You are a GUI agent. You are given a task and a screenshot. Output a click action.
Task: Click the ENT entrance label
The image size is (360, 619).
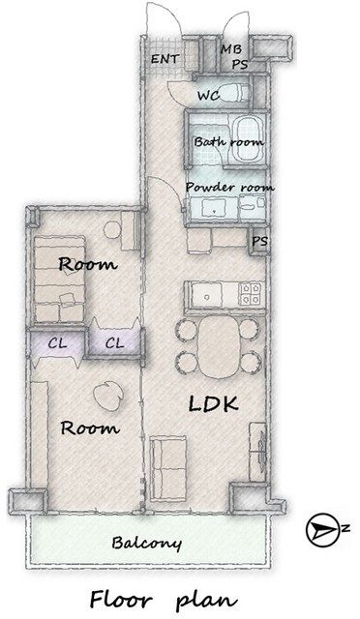pyautogui.click(x=165, y=59)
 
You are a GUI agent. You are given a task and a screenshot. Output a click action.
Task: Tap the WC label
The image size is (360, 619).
pyautogui.click(x=208, y=96)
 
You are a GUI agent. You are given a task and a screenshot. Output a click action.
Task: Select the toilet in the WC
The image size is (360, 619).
pyautogui.click(x=234, y=93)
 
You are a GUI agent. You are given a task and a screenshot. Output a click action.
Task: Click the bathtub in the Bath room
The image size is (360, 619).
pyautogui.click(x=247, y=139)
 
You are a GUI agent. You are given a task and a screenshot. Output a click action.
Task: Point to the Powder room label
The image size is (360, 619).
pyautogui.click(x=229, y=187)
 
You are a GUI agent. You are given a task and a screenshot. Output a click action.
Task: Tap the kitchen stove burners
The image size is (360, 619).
pyautogui.click(x=251, y=294)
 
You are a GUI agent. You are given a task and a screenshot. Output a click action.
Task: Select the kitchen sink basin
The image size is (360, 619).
pyautogui.click(x=206, y=294)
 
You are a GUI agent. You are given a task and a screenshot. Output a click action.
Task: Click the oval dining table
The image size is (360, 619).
pyautogui.click(x=218, y=346)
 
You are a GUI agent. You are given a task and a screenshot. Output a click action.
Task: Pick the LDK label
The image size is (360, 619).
pyautogui.click(x=214, y=404)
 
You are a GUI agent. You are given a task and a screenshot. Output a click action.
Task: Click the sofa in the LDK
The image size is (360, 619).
pyautogui.click(x=168, y=468)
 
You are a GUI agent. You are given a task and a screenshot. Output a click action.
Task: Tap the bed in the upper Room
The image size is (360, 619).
pyautogui.click(x=60, y=280)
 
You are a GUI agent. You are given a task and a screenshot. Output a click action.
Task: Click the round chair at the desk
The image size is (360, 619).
pyautogui.click(x=112, y=229)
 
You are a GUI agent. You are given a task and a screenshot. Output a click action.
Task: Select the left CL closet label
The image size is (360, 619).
pyautogui.click(x=58, y=343)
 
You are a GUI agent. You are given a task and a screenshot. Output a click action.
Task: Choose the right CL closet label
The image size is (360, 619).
pyautogui.click(x=114, y=343)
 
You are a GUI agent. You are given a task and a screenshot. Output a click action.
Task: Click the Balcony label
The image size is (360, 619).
pyautogui.click(x=146, y=544)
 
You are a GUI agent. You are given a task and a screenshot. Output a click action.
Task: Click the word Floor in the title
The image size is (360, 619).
pyautogui.click(x=121, y=600)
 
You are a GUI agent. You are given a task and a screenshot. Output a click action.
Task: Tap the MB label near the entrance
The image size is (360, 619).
pyautogui.click(x=230, y=49)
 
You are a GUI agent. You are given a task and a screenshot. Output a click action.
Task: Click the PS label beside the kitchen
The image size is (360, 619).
pyautogui.click(x=260, y=241)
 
